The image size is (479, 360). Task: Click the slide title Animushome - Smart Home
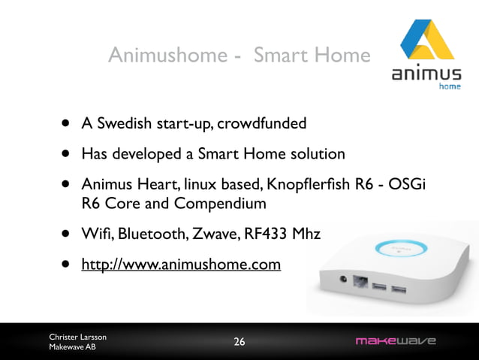(239, 55)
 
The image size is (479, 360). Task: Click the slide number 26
(239, 342)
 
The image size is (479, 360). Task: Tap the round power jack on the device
(345, 281)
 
